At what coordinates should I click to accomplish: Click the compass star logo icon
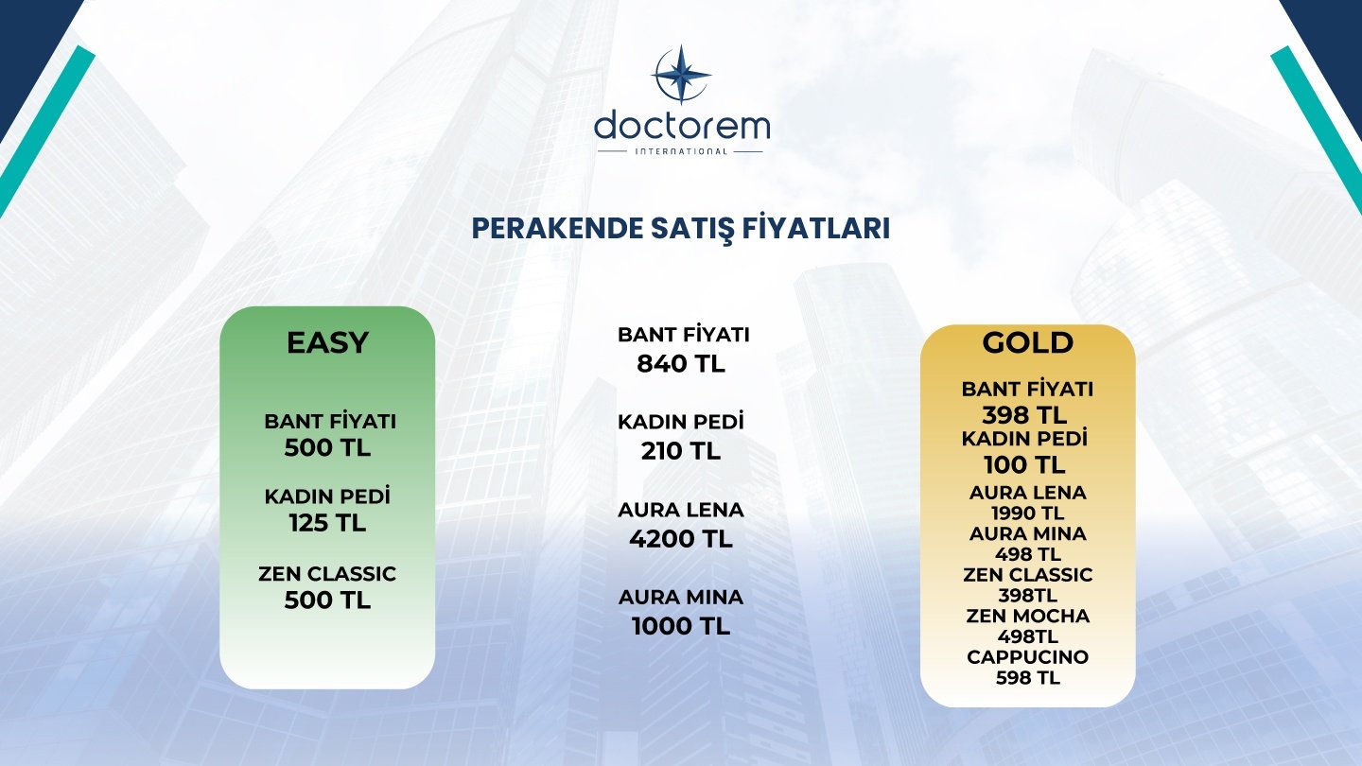pos(681,74)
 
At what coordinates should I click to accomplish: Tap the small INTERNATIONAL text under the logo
pos(681,151)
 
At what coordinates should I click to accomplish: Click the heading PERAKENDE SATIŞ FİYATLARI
pos(681,229)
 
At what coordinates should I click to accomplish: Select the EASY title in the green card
pos(327,342)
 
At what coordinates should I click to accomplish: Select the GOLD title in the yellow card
pos(1027,342)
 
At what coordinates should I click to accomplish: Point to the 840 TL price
pos(681,363)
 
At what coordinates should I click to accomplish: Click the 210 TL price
pos(681,451)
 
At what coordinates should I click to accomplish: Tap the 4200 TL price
pos(681,539)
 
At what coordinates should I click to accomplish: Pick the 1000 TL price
pos(681,626)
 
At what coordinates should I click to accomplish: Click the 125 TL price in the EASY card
pos(327,523)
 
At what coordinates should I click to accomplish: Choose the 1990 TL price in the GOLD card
pos(1027,514)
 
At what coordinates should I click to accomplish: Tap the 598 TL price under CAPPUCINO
pos(1027,677)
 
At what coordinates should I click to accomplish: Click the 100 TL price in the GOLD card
pos(1024,465)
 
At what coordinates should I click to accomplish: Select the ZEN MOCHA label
pos(1027,616)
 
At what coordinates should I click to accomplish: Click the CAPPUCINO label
pos(1027,657)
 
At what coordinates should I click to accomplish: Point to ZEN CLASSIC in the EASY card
pos(327,573)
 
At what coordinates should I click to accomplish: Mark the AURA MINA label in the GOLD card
pos(1027,533)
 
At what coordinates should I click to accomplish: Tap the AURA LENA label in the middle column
pos(681,510)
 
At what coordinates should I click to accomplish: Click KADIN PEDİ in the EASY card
pos(327,496)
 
